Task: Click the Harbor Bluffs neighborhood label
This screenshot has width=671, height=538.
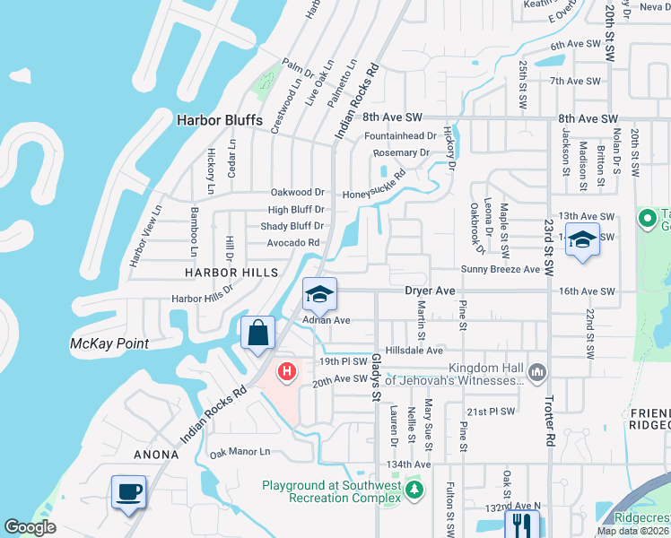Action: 220,120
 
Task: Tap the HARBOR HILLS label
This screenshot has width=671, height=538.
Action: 221,272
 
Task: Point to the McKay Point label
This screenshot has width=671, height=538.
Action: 109,343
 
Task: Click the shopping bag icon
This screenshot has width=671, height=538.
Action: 257,333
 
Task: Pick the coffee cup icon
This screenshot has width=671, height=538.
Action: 129,491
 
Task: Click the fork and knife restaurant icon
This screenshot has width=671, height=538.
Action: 518,523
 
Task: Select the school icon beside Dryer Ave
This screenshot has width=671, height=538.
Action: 318,293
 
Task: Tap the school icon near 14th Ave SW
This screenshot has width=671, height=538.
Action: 582,240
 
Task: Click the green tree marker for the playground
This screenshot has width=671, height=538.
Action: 414,490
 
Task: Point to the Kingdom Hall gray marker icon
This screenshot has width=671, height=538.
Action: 537,371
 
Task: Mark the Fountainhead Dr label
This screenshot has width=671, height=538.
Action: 400,136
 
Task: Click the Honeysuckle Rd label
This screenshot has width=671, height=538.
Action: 380,195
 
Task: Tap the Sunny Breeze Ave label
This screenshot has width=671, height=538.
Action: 501,269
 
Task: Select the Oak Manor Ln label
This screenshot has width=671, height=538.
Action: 240,452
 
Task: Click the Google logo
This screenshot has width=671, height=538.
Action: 30,527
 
